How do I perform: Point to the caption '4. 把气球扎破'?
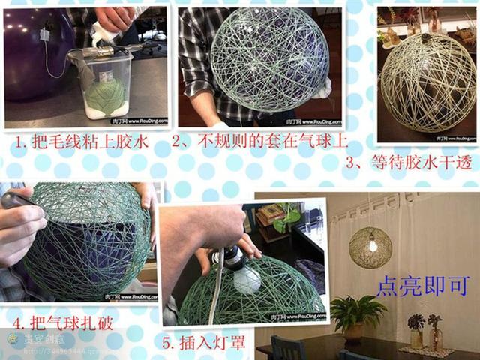67,323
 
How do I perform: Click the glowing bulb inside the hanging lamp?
370,244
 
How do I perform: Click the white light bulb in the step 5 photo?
247,279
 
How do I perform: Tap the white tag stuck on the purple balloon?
46,34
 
